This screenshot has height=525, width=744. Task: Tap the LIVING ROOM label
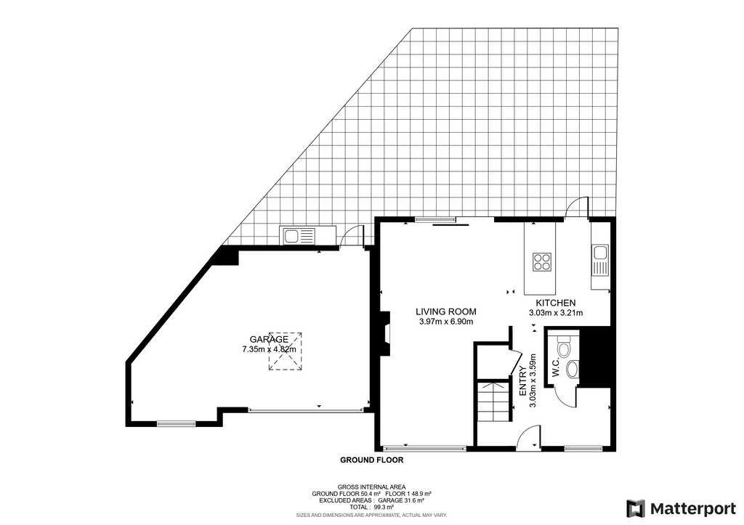point(446,312)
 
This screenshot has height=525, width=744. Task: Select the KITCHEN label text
point(556,303)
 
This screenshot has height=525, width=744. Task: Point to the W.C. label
point(557,367)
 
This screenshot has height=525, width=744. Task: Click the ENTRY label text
point(522,381)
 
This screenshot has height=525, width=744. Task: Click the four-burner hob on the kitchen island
point(542,261)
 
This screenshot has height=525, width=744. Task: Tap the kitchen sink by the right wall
point(599,261)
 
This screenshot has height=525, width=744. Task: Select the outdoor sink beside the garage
point(299,235)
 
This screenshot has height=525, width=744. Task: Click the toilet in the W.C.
point(563,346)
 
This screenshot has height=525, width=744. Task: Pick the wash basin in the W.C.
point(573,368)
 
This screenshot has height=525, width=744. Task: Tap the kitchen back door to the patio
point(578,207)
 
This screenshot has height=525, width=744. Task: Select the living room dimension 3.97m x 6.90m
point(446,322)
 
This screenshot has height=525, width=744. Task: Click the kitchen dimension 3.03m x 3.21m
point(556,312)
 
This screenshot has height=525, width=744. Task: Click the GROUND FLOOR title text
point(372,460)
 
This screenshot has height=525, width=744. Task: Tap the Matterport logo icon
point(636,509)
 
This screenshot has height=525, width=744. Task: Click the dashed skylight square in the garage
point(286,351)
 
